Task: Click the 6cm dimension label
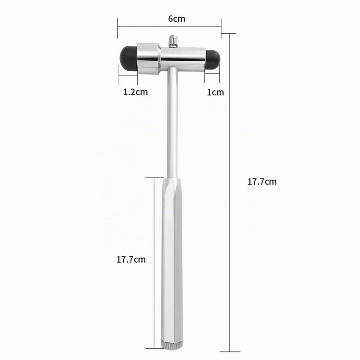pyautogui.click(x=176, y=18)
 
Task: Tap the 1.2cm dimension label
pyautogui.click(x=135, y=92)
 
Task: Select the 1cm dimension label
pyautogui.click(x=215, y=92)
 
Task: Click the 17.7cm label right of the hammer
pyautogui.click(x=262, y=182)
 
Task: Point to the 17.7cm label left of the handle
pyautogui.click(x=131, y=260)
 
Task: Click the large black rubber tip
pyautogui.click(x=129, y=58)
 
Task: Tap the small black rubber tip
pyautogui.click(x=212, y=59)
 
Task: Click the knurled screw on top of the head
pyautogui.click(x=173, y=41)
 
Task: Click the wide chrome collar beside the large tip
pyautogui.click(x=149, y=59)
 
